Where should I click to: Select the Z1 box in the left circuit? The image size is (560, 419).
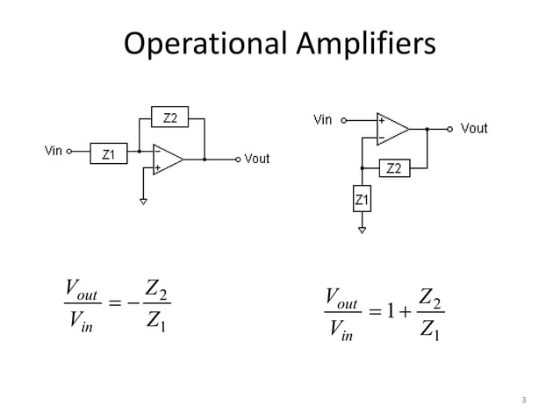pyautogui.click(x=107, y=153)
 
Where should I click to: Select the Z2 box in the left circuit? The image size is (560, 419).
pyautogui.click(x=170, y=117)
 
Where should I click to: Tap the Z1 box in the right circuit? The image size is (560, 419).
pyautogui.click(x=362, y=201)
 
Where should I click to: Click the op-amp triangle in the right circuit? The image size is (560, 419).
pyautogui.click(x=391, y=129)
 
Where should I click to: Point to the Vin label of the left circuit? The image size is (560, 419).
pyautogui.click(x=53, y=151)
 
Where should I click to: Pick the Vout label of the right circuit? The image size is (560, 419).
pyautogui.click(x=473, y=129)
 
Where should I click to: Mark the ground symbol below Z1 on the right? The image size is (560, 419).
pyautogui.click(x=362, y=231)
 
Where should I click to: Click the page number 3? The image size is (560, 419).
pyautogui.click(x=523, y=401)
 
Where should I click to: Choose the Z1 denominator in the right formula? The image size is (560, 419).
pyautogui.click(x=431, y=331)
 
